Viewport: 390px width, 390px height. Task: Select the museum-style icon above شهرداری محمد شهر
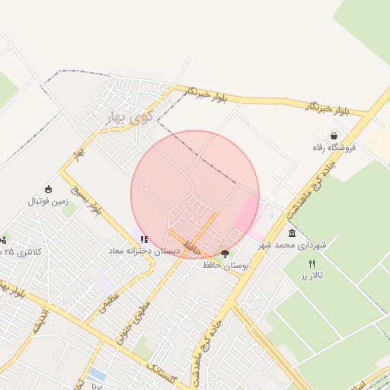[292, 233]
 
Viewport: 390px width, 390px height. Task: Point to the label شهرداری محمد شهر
[292, 245]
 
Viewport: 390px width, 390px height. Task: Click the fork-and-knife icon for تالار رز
[311, 263]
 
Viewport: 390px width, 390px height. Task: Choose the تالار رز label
[311, 274]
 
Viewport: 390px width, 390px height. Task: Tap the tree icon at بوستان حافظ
[225, 253]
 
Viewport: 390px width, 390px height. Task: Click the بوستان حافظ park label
[226, 265]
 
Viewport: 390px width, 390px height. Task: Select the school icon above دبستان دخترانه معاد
[144, 239]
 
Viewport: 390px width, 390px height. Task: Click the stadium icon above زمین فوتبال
[49, 189]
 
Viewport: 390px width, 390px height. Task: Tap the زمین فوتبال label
[48, 201]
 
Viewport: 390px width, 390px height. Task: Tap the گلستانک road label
[165, 374]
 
